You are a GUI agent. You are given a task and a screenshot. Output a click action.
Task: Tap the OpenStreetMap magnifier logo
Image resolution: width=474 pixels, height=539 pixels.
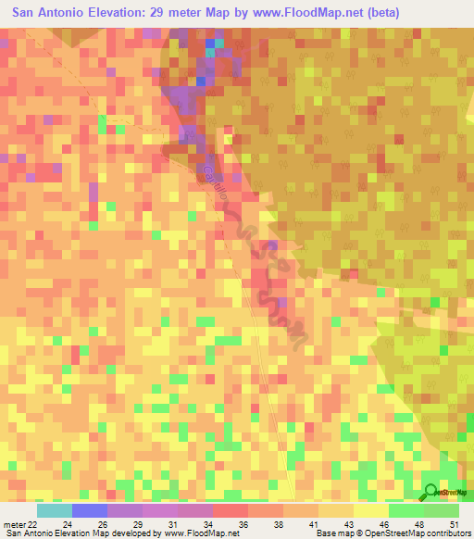coord(431,492)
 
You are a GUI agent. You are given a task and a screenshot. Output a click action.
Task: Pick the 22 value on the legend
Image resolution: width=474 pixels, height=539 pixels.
coord(32,525)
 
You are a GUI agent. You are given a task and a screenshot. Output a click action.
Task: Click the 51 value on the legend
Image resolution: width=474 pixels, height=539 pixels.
coord(454,525)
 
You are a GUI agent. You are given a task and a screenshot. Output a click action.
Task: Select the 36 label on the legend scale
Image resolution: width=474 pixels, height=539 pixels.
coord(243,525)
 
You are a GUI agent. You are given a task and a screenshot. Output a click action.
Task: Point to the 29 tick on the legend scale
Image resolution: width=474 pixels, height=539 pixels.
coord(138,525)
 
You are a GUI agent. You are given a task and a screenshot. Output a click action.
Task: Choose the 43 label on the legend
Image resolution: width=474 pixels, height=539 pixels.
coord(349,525)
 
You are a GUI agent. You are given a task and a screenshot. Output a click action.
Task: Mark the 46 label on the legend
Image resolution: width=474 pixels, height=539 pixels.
coord(384,525)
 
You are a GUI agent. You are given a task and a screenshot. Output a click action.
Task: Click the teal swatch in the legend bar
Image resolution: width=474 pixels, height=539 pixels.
coord(54,510)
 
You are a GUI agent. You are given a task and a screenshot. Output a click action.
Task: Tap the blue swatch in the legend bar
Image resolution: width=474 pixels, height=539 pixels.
coord(89,510)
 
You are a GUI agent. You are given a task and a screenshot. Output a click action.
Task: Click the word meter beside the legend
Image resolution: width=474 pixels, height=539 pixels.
coord(13,525)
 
